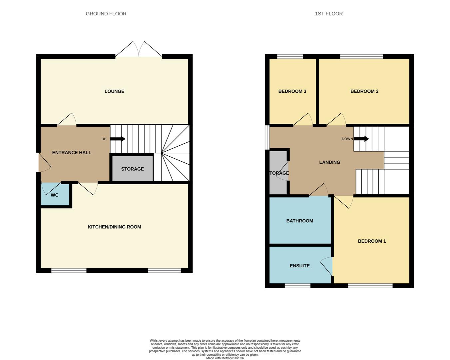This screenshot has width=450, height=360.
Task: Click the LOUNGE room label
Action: [114, 91]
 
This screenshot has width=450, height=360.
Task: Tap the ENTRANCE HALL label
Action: [72, 153]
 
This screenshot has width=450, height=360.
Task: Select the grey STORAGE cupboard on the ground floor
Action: [132, 169]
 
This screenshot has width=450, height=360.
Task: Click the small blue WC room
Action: [55, 195]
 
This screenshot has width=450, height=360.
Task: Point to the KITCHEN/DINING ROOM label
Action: [114, 227]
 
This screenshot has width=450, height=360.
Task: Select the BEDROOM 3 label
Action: [292, 91]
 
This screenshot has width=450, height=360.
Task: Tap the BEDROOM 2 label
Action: [364, 91]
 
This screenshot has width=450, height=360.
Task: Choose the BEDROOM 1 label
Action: [372, 241]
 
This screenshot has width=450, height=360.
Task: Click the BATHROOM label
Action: [299, 221]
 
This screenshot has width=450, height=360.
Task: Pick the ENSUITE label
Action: [299, 266]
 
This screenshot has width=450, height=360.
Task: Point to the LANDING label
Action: [329, 162]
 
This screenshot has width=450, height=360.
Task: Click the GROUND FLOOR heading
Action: [106, 14]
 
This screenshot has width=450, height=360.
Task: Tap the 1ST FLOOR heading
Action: [329, 14]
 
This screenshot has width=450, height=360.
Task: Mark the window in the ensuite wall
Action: [297, 285]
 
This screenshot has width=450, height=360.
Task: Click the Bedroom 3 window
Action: [290, 56]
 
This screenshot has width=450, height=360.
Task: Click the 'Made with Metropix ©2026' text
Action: [225, 358]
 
